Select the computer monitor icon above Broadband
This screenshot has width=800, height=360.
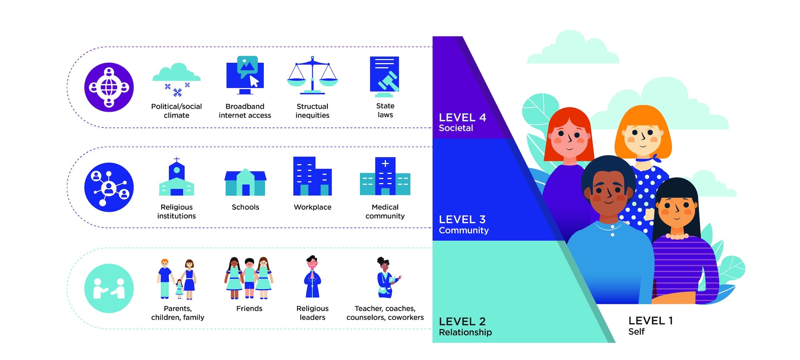coord(245,75)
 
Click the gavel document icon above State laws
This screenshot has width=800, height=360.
coord(385,76)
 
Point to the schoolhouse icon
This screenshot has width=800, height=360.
coord(245,182)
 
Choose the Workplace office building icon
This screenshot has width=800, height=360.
coord(312,176)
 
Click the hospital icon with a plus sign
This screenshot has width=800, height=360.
coord(385,176)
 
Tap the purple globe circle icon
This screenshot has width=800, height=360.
coord(109,87)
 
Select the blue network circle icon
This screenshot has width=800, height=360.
coord(109,187)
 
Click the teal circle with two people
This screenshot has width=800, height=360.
coord(109,288)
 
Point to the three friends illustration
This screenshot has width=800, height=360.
coord(249,278)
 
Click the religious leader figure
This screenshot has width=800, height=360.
coord(312,277)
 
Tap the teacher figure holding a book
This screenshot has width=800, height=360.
coord(386,277)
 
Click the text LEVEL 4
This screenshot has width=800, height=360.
coord(462,118)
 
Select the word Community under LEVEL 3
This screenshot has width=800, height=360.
coord(464,230)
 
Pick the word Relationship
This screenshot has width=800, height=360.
coord(465,332)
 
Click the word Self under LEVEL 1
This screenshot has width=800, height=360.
coord(636,331)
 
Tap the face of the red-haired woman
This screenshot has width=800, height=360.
coord(569,139)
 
